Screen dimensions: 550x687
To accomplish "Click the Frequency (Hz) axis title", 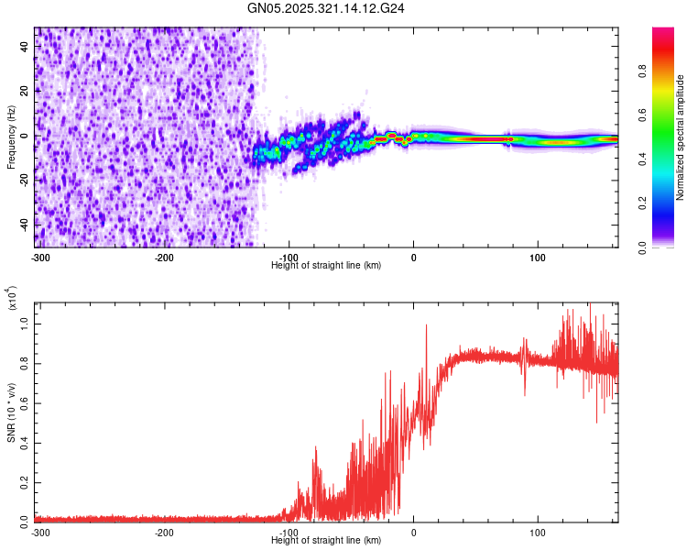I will pyautogui.click(x=10, y=137).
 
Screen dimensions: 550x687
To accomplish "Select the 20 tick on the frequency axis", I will pyautogui.click(x=26, y=92).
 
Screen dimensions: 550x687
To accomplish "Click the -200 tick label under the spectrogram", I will pyautogui.click(x=165, y=258).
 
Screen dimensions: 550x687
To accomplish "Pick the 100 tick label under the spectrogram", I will pyautogui.click(x=538, y=258).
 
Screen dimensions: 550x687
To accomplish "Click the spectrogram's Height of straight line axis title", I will pyautogui.click(x=326, y=265).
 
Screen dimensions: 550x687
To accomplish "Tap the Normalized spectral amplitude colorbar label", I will pyautogui.click(x=681, y=137).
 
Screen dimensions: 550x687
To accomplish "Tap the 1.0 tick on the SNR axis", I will pyautogui.click(x=26, y=324).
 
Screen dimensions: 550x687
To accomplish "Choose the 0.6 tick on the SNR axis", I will pyautogui.click(x=26, y=401).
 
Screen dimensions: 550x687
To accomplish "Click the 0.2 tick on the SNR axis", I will pyautogui.click(x=26, y=479).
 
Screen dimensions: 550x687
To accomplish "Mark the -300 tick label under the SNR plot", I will pyautogui.click(x=40, y=533).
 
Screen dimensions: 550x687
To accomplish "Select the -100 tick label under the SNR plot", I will pyautogui.click(x=289, y=533).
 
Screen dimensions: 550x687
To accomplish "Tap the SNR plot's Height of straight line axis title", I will pyautogui.click(x=326, y=541).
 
